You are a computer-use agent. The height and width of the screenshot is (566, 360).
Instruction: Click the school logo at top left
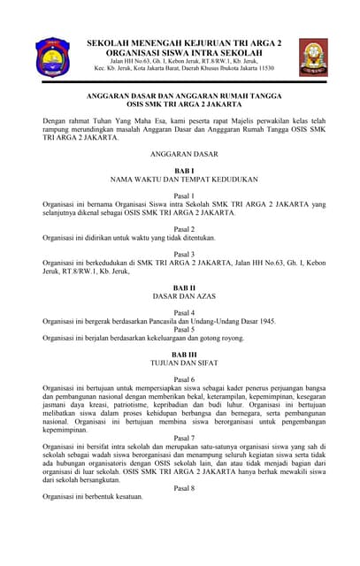pyautogui.click(x=52, y=57)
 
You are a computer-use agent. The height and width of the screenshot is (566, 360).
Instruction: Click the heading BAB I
pyautogui.click(x=184, y=169)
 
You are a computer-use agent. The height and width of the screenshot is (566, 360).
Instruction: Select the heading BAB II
pyautogui.click(x=184, y=288)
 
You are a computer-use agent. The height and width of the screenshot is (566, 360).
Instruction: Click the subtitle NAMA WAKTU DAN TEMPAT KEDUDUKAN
pyautogui.click(x=184, y=179)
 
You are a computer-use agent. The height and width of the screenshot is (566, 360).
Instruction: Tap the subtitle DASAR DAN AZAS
pyautogui.click(x=184, y=297)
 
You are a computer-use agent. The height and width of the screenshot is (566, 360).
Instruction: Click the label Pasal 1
pyautogui.click(x=184, y=195)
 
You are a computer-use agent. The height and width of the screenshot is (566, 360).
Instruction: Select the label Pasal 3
pyautogui.click(x=184, y=254)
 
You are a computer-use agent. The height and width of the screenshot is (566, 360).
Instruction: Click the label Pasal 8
pyautogui.click(x=184, y=487)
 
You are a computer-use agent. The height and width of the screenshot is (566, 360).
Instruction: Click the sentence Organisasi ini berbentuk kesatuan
pyautogui.click(x=93, y=497)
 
